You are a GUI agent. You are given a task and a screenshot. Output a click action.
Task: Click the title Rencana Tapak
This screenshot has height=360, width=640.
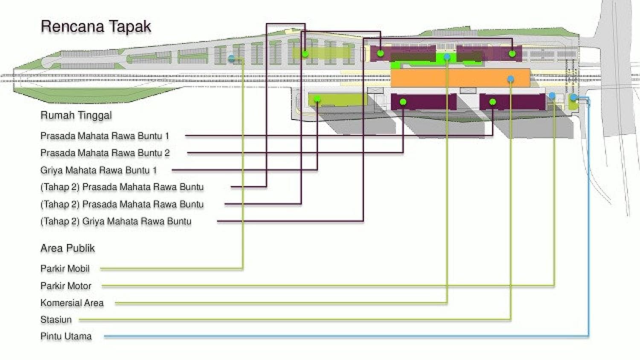point(96,26)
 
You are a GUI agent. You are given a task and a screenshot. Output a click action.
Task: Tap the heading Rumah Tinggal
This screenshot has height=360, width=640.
point(76,115)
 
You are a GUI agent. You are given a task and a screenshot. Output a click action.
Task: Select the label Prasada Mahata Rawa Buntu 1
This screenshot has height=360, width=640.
point(105,136)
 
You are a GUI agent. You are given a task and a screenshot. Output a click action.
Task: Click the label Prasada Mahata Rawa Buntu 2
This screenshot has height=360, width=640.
point(105,153)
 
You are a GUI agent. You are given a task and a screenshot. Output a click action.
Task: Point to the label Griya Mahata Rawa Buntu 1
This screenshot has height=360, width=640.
point(99,170)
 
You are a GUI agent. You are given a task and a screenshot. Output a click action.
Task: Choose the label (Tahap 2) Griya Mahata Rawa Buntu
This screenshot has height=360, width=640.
point(116,221)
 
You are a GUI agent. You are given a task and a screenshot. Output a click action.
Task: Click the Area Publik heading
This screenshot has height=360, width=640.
point(67,248)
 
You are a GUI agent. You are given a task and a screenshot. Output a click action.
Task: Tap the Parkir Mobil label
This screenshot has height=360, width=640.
point(65,269)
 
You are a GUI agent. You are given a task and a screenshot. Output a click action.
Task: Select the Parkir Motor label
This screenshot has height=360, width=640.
point(66,286)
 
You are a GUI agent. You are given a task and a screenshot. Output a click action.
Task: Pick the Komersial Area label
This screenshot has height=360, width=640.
point(72,303)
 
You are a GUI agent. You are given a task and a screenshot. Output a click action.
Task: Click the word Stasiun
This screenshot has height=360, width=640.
point(56,319)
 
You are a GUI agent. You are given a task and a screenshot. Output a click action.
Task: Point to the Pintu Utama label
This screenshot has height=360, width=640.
point(66,336)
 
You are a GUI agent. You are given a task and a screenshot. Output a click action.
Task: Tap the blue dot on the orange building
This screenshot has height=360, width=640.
point(511,79)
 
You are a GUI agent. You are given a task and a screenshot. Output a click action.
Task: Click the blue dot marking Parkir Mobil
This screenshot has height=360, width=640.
point(231,58)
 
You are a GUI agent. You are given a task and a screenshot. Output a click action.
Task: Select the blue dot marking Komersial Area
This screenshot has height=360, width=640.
point(447,57)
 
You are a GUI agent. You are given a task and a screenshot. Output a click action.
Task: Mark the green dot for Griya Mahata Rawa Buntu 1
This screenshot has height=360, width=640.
point(317,99)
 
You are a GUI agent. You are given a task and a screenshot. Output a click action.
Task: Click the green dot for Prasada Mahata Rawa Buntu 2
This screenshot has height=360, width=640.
point(403,102)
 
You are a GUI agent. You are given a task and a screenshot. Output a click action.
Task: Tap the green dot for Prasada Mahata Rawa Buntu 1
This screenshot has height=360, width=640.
point(492,102)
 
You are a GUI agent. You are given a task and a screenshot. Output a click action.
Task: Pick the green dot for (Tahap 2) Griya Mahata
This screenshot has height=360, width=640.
point(380,53)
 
